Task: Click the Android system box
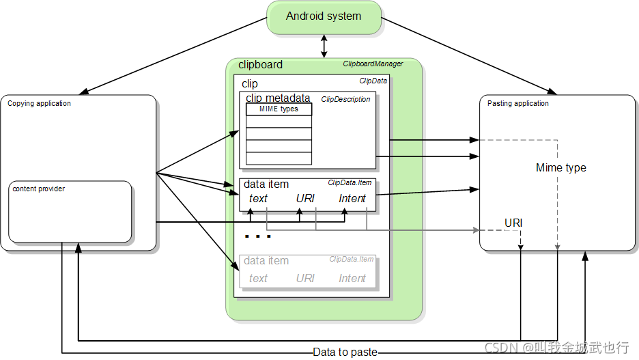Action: pyautogui.click(x=324, y=18)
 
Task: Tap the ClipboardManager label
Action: pyautogui.click(x=373, y=64)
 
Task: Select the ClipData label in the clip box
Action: pyautogui.click(x=373, y=81)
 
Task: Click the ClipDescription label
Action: pyautogui.click(x=345, y=99)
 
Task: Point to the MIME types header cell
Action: pyautogui.click(x=279, y=109)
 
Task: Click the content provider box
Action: pyautogui.click(x=70, y=212)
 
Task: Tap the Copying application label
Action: pyautogui.click(x=39, y=104)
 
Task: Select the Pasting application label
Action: pyautogui.click(x=518, y=104)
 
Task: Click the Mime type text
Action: pyautogui.click(x=560, y=167)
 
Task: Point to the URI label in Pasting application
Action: pyautogui.click(x=513, y=223)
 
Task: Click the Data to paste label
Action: pyautogui.click(x=345, y=352)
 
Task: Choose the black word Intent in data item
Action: pyautogui.click(x=352, y=199)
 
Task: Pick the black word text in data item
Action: pyautogui.click(x=258, y=199)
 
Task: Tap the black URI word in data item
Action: pyautogui.click(x=305, y=199)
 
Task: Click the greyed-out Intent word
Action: pyautogui.click(x=352, y=279)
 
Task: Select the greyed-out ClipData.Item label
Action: pyautogui.click(x=352, y=260)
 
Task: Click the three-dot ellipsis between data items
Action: pyautogui.click(x=257, y=236)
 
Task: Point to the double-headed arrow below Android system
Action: pyautogui.click(x=324, y=46)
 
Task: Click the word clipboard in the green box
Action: pyautogui.click(x=260, y=65)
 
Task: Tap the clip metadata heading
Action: pyautogui.click(x=278, y=98)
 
